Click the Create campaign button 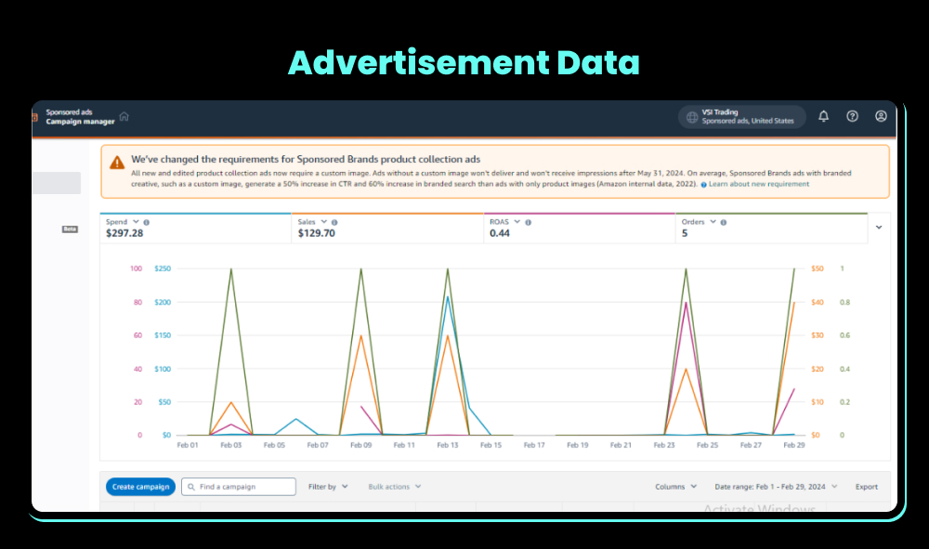[x=140, y=487]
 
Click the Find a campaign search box [x=239, y=487]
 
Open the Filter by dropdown [x=328, y=487]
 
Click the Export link [x=866, y=487]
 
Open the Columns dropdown [x=675, y=487]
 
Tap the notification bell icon [x=823, y=116]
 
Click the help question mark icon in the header [x=852, y=116]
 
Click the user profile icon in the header [x=881, y=116]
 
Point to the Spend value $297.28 [x=124, y=233]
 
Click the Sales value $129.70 [x=316, y=233]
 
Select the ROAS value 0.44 [x=499, y=233]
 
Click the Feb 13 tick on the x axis [x=448, y=446]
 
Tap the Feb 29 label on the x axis [x=793, y=446]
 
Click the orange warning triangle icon [x=116, y=162]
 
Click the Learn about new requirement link [x=758, y=184]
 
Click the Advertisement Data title [x=464, y=62]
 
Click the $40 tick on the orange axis [x=817, y=303]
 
